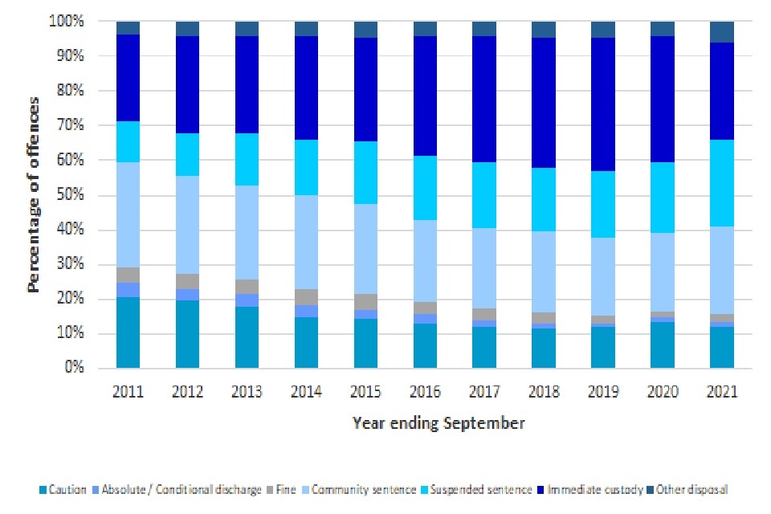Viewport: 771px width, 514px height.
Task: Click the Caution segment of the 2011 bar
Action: click(x=128, y=332)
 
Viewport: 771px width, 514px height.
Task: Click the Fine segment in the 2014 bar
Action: click(x=306, y=297)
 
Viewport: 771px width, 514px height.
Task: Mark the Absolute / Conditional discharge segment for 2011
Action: click(x=128, y=290)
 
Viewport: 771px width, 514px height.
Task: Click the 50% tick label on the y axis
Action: click(x=67, y=195)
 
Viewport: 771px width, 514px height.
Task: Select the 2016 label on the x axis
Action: click(x=425, y=391)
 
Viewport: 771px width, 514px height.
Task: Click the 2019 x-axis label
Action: click(x=603, y=391)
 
